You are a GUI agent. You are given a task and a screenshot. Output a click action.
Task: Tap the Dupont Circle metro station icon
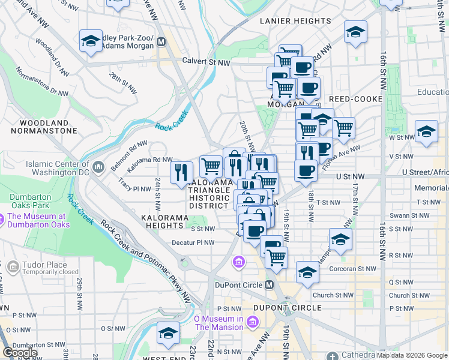tap(269, 284)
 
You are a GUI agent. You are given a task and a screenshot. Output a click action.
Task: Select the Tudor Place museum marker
tap(13, 266)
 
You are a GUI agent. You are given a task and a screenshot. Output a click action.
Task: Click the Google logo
tap(20, 353)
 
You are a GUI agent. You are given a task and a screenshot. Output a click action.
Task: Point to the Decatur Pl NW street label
tap(193, 242)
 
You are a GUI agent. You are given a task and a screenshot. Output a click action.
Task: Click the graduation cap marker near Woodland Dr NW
tap(91, 41)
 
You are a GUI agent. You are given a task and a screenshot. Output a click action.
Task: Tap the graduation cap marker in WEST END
tap(168, 332)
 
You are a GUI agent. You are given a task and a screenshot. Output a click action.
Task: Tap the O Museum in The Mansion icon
tap(250, 323)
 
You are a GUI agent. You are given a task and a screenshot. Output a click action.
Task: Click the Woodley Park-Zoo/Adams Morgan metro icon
tap(160, 41)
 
